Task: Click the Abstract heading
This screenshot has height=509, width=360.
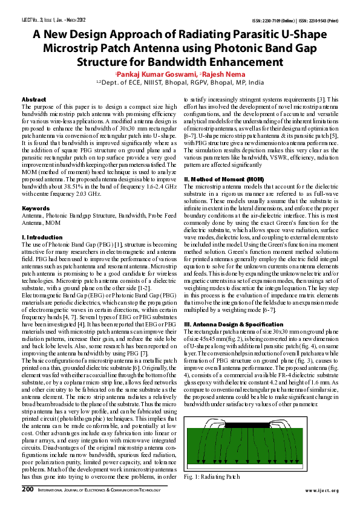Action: coord(34,99)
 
